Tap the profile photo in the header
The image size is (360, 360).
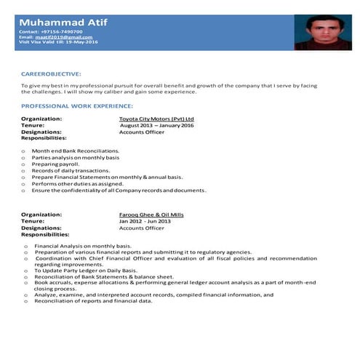(x=318, y=33)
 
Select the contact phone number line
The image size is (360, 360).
(x=50, y=32)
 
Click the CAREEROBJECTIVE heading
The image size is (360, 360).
(x=51, y=74)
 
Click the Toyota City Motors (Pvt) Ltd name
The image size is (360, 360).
(x=156, y=118)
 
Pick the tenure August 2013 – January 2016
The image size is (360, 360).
(x=156, y=124)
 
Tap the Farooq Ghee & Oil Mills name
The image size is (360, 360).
(x=151, y=215)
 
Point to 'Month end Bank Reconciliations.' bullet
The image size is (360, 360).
(x=75, y=151)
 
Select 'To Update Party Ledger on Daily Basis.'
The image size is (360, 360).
(x=85, y=271)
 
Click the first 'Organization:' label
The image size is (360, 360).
(x=41, y=118)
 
